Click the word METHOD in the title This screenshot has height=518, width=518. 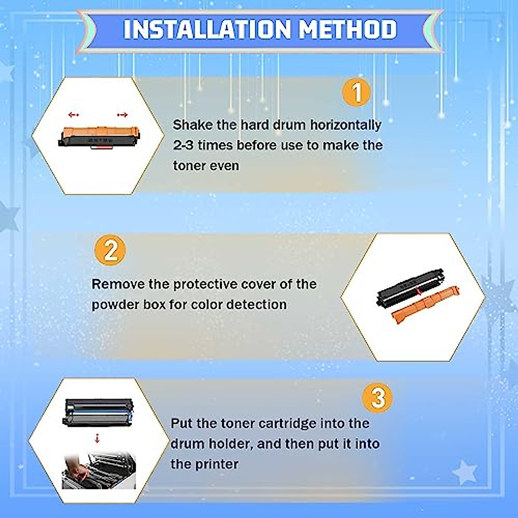pyautogui.click(x=347, y=29)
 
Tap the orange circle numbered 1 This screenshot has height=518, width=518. pyautogui.click(x=356, y=92)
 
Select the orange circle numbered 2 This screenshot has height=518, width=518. pyautogui.click(x=110, y=250)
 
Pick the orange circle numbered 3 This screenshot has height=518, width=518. pyautogui.click(x=378, y=397)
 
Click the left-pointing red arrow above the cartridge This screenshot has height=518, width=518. pyautogui.click(x=73, y=115)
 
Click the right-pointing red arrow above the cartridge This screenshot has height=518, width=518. pyautogui.click(x=123, y=115)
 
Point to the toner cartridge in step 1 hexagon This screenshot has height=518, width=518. pyautogui.click(x=99, y=136)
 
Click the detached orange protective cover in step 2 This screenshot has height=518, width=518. pyautogui.click(x=425, y=304)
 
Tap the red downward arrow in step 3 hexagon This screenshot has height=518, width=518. pyautogui.click(x=97, y=439)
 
